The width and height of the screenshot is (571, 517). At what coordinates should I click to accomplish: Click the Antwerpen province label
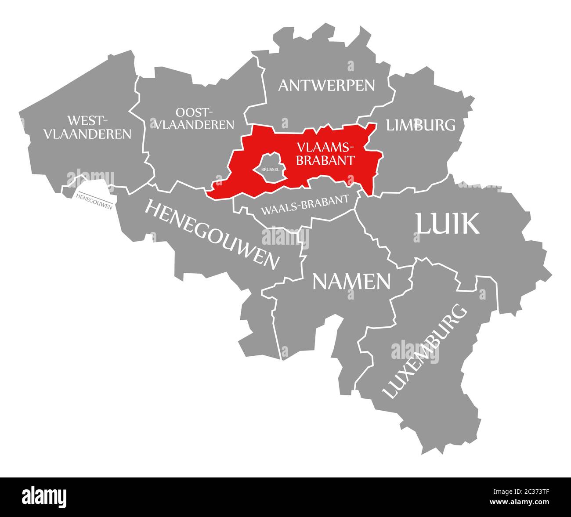(x=327, y=85)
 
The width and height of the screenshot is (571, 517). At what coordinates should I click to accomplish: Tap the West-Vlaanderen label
(x=87, y=127)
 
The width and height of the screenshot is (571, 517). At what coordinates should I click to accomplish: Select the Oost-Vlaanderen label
(x=193, y=119)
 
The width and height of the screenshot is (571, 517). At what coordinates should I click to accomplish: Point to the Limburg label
(x=420, y=125)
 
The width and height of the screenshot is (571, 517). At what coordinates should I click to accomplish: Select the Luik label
(x=447, y=224)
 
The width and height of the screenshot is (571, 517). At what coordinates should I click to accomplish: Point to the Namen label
(x=351, y=282)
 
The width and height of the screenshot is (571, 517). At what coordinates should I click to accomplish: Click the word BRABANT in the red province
(x=325, y=160)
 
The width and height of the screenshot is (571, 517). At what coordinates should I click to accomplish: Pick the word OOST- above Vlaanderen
(x=194, y=112)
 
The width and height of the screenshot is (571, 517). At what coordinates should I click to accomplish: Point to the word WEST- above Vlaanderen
(x=88, y=120)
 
